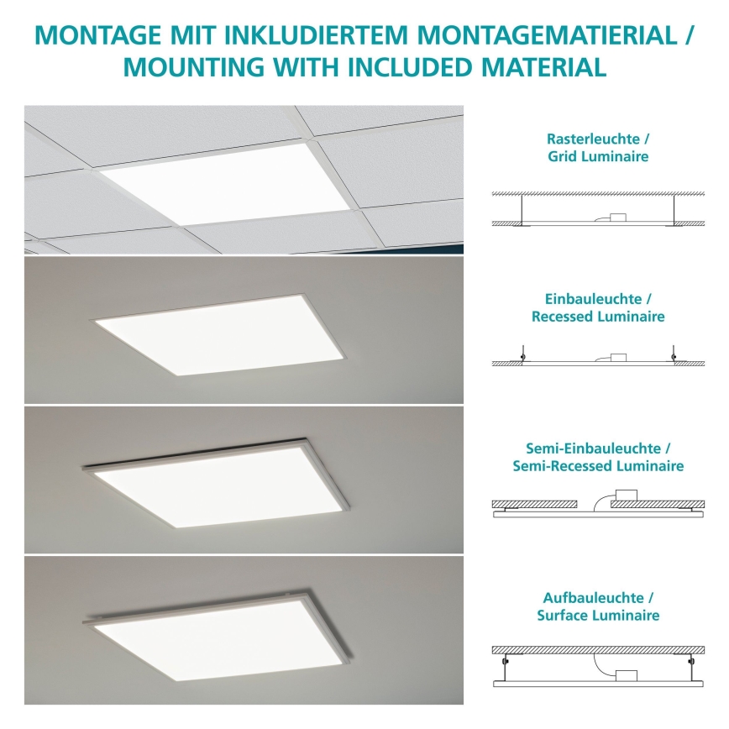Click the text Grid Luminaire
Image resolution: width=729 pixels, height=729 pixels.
[x=598, y=156]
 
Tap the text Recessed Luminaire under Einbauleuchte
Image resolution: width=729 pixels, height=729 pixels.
[x=598, y=317]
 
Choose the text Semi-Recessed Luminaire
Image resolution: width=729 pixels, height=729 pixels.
[x=598, y=466]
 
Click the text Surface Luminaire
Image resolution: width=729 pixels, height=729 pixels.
[x=598, y=616]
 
